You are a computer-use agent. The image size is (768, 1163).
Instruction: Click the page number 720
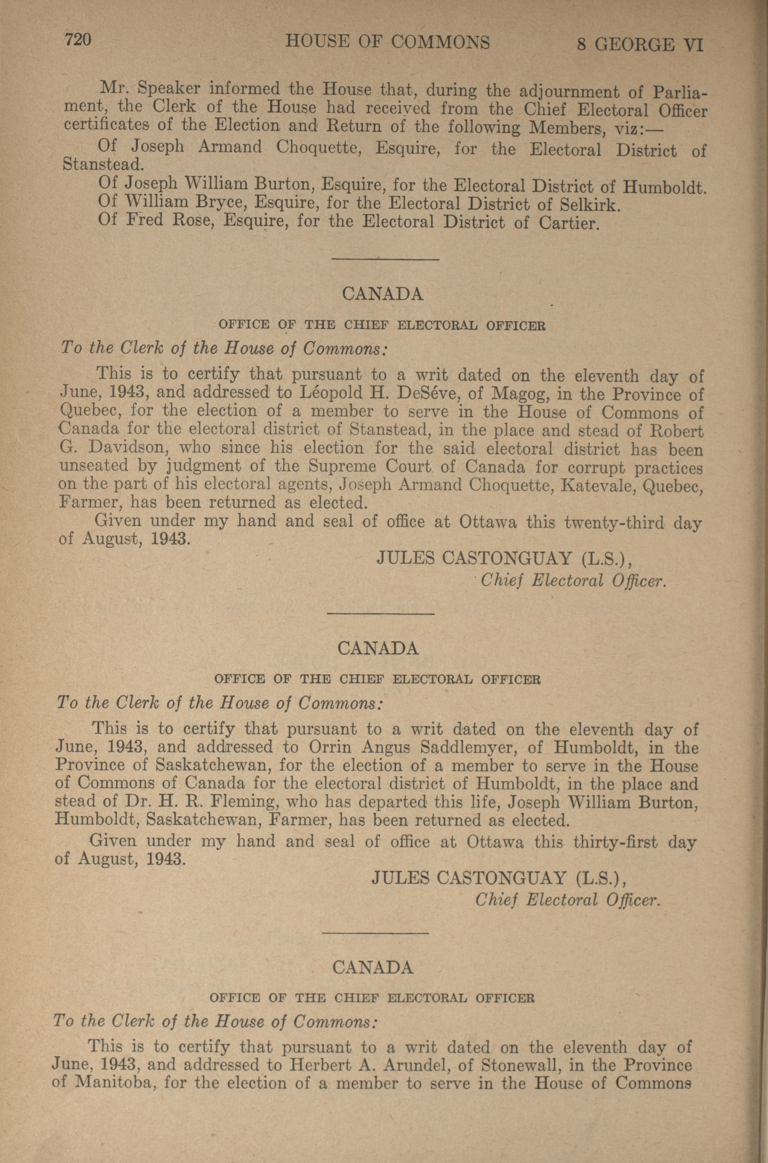[78, 40]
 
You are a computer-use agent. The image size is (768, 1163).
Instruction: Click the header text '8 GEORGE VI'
[640, 45]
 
